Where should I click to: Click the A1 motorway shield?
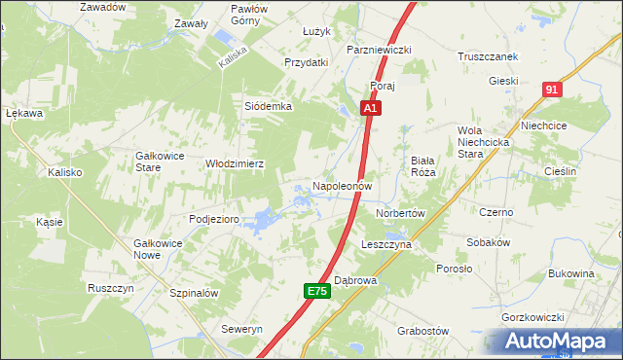point(370,110)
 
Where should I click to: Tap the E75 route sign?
point(315,291)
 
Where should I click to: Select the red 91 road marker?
point(552,90)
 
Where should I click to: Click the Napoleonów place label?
point(342,185)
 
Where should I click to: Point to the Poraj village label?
point(381,86)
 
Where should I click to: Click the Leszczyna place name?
point(386,245)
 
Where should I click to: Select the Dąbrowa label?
point(355,279)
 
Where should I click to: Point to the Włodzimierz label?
point(235,164)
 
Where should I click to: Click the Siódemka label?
point(268,106)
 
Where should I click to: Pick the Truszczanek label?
point(488,56)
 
